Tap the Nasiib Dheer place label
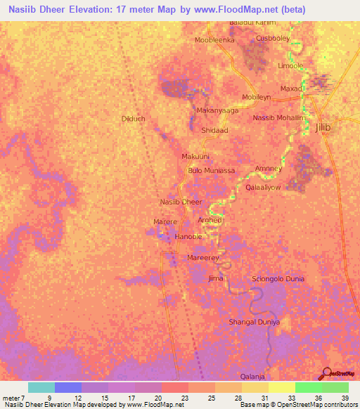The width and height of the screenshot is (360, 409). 181,202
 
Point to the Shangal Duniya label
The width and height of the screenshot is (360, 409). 255,322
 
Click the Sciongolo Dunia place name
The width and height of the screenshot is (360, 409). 278,279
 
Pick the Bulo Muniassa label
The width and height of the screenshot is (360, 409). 211,171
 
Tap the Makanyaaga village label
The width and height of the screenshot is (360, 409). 218,110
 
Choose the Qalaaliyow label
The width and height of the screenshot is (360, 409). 263,188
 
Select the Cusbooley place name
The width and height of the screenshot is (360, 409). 273,38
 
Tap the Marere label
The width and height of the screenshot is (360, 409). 165,221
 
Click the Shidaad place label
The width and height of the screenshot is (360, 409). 215,131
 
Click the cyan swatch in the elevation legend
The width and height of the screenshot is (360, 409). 41,387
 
